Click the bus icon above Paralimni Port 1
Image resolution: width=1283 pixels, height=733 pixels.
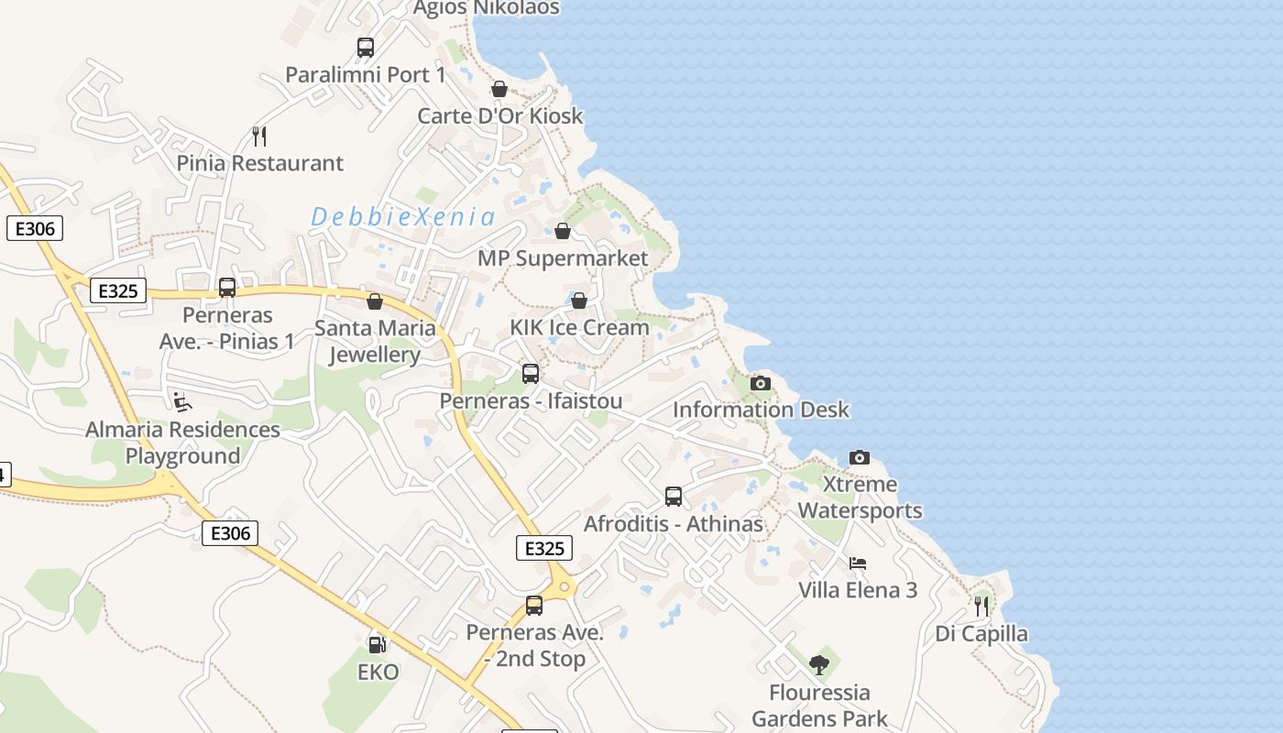point(366,48)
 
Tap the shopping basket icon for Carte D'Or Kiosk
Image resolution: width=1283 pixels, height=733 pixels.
point(499,89)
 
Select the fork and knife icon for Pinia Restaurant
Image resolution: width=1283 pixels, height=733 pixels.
point(259,137)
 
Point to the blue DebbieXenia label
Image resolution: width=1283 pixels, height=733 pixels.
point(403,218)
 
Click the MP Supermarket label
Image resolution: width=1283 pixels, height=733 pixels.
point(563,258)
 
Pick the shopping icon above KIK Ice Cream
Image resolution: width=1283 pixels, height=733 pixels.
point(579,301)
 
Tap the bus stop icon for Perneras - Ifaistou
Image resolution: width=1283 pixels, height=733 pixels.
point(531,374)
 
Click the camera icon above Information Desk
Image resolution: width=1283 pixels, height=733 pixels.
point(761,383)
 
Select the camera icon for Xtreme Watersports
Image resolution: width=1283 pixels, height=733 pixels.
point(860,457)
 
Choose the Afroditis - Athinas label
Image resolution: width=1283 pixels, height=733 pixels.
point(674,524)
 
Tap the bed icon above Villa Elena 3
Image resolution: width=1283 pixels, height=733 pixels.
point(858,563)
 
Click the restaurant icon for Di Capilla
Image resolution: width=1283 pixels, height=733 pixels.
point(981,606)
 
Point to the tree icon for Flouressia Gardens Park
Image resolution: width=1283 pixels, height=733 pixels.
point(819,664)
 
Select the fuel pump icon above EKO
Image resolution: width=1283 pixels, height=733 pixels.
point(377,644)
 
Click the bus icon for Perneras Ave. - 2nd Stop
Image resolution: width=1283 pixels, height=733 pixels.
point(534,606)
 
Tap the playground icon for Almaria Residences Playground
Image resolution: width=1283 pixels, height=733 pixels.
point(182,401)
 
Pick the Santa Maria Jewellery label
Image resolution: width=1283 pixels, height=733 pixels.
point(375,341)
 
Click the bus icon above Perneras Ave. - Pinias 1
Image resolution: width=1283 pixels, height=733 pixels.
point(227,288)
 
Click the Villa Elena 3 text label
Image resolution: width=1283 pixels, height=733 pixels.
point(858,590)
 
